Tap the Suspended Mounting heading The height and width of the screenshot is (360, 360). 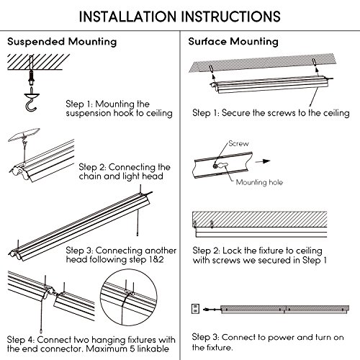[x=62, y=42]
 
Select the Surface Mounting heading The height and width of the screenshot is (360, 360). [x=233, y=41]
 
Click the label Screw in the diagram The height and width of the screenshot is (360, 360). [x=238, y=143]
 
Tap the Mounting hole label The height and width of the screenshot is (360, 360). [x=259, y=182]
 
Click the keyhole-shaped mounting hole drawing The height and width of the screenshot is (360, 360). [x=222, y=166]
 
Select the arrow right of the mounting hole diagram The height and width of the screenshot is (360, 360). [x=263, y=161]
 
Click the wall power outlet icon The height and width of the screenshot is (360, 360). [x=196, y=309]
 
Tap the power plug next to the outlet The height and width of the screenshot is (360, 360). [x=206, y=310]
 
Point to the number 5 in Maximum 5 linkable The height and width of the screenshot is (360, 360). [x=132, y=348]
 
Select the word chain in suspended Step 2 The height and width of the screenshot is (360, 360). [x=91, y=176]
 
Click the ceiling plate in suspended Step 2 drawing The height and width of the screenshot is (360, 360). [x=24, y=135]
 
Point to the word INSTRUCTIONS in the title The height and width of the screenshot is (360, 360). [x=231, y=17]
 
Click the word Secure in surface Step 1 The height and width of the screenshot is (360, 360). [x=236, y=113]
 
